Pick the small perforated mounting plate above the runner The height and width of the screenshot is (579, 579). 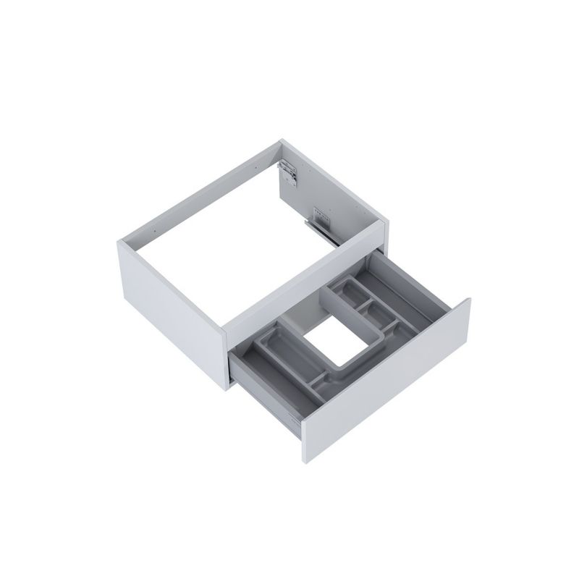pyautogui.click(x=319, y=214)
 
